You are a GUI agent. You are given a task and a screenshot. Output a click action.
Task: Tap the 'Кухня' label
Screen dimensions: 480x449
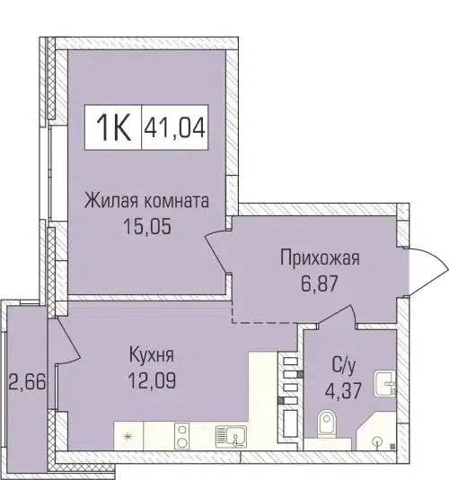click(x=151, y=354)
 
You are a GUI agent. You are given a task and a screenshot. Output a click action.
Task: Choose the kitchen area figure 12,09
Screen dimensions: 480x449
click(x=151, y=378)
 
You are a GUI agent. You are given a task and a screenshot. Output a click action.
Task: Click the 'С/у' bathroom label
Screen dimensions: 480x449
click(x=345, y=367)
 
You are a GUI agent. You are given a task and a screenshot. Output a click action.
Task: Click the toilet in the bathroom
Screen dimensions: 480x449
click(x=329, y=421)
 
